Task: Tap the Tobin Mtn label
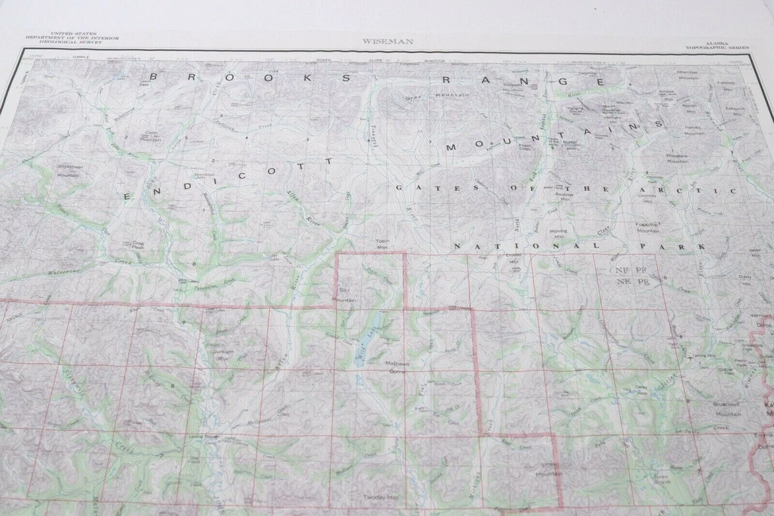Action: click(382, 244)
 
